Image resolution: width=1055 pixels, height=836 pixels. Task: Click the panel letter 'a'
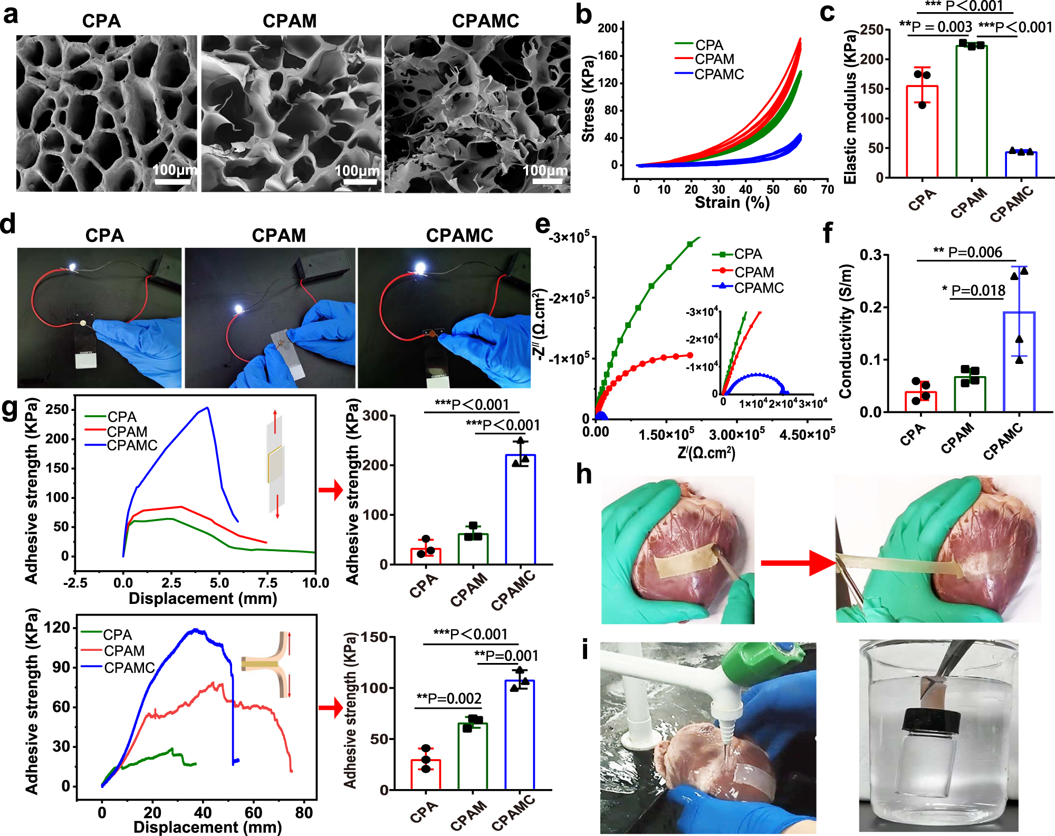tap(11, 14)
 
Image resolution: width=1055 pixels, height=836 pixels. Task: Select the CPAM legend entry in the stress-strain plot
tap(714, 59)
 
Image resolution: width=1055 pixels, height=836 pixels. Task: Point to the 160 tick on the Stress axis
tap(607, 55)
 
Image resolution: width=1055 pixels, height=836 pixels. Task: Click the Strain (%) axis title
tap(732, 203)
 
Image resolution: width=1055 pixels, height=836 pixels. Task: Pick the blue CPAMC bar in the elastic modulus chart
tap(1021, 164)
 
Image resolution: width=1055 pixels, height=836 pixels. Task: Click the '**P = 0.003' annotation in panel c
tap(935, 26)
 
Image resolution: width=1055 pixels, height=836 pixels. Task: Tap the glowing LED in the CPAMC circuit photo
tap(420, 267)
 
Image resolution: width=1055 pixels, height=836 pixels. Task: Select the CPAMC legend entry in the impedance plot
tap(758, 288)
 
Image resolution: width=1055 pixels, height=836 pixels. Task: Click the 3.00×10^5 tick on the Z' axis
tap(736, 435)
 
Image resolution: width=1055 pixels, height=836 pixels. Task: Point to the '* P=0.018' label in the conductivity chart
tap(974, 290)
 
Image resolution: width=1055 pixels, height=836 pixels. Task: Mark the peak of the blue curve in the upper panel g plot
tap(208, 407)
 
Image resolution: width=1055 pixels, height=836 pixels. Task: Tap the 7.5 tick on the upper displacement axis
tap(267, 583)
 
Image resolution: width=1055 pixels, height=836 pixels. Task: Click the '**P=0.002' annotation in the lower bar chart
tap(449, 699)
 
